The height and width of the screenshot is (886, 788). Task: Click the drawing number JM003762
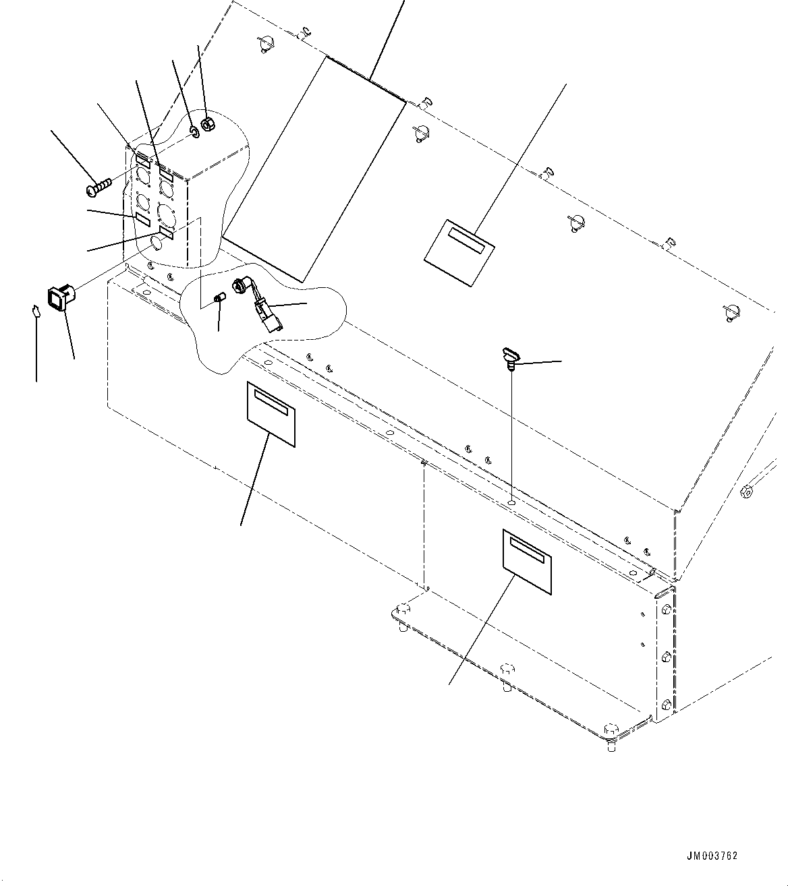coord(712,856)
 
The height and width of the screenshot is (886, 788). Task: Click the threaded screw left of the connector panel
coord(98,187)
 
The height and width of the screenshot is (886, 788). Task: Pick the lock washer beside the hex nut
coord(193,131)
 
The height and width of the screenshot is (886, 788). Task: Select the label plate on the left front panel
coord(271,414)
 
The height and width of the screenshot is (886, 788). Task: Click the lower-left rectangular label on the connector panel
coord(142,219)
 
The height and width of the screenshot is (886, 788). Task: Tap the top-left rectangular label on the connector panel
coord(142,160)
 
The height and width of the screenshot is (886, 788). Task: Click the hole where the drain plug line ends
coord(512,502)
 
